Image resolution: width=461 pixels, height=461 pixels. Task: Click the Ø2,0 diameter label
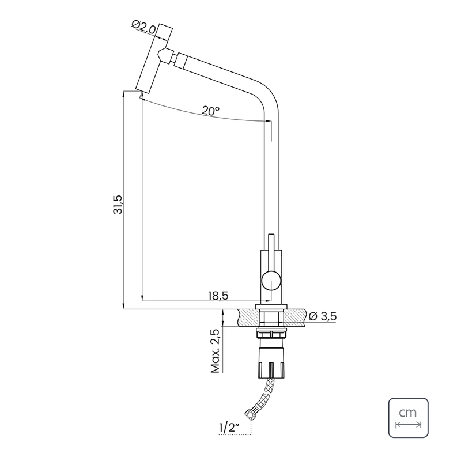coord(144,27)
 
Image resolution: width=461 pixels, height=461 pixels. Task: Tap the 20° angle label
coord(210,111)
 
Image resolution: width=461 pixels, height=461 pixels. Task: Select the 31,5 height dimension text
coord(118,204)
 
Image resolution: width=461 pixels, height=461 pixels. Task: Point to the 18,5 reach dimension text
coord(218,295)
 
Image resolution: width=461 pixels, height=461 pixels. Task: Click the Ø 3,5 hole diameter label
coord(323,316)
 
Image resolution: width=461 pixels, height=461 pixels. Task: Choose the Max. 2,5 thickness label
coord(216,351)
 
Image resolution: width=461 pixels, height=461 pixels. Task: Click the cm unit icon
coord(409,418)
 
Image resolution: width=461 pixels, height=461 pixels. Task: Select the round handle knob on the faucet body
coord(271,281)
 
